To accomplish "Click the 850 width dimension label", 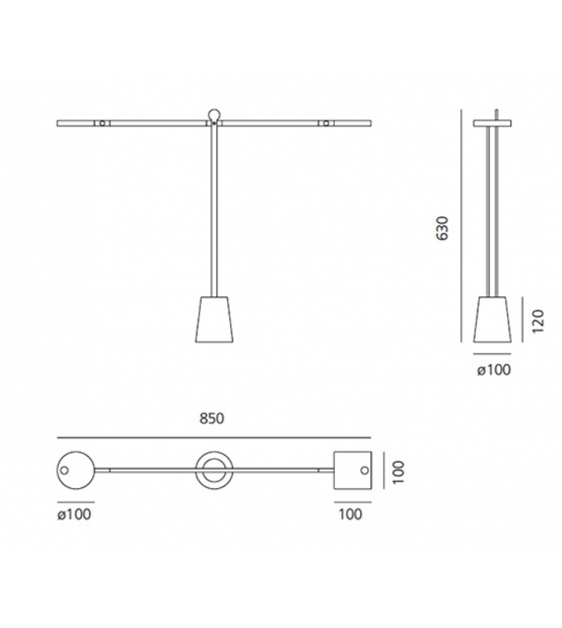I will click(213, 418).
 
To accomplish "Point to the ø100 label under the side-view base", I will click(494, 369).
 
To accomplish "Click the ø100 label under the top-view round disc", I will click(75, 513).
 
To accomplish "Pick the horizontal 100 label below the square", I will click(351, 513).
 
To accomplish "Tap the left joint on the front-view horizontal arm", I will click(100, 124).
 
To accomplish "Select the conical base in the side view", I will click(493, 317).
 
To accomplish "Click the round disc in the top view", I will click(75, 471).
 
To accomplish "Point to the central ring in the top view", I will click(213, 471).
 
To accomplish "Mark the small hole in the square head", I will click(363, 471).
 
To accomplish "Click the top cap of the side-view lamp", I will click(493, 123).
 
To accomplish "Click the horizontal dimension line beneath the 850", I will click(213, 437).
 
